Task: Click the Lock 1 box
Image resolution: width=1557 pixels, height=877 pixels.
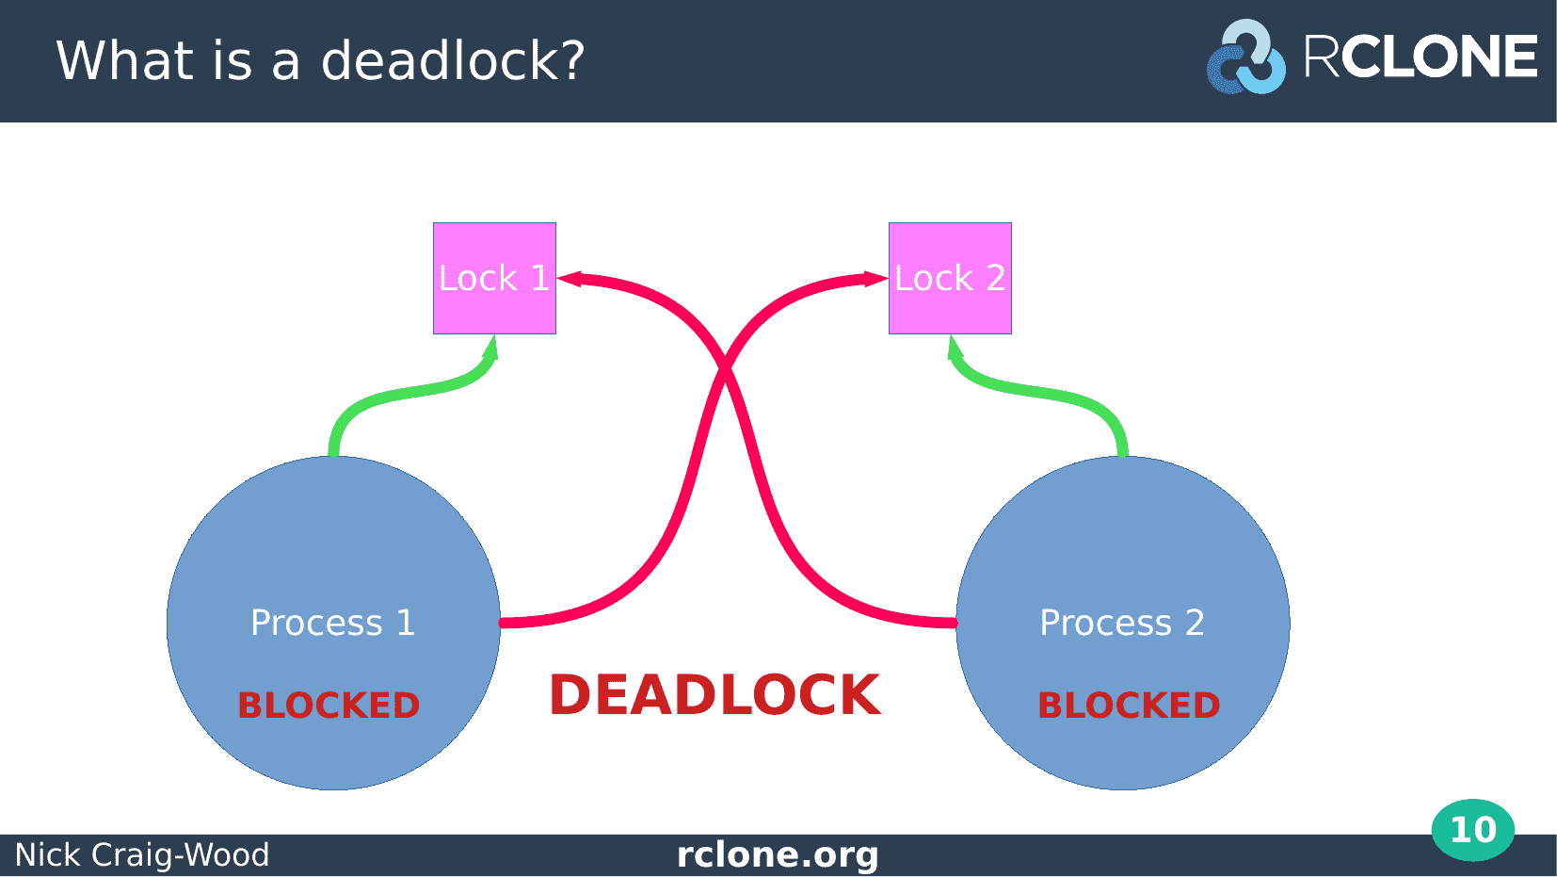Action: pos(494,278)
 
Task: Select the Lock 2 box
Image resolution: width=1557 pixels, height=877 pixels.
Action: pos(950,278)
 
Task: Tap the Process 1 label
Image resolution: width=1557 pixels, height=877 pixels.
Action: pos(333,623)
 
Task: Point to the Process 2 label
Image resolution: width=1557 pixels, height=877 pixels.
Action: pos(1122,623)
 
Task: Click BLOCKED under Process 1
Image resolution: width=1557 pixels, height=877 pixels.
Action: pos(329,706)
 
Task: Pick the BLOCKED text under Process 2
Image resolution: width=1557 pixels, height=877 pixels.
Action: pos(1129,706)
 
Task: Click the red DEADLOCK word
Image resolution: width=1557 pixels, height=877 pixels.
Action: pos(715,695)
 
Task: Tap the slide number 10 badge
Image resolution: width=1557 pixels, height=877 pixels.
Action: pos(1473,830)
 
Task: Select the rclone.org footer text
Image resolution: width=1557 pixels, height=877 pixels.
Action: pos(778,854)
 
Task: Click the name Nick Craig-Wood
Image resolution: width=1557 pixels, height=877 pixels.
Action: pos(142,854)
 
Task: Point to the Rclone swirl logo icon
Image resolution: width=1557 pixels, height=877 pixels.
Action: pos(1246,57)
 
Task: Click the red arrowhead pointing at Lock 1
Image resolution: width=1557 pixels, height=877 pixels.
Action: pos(570,279)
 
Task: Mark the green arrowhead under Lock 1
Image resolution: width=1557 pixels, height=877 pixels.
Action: pos(490,348)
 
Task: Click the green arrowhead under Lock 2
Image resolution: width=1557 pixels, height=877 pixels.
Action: pos(955,348)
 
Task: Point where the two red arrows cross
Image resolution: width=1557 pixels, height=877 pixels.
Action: pos(724,365)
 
